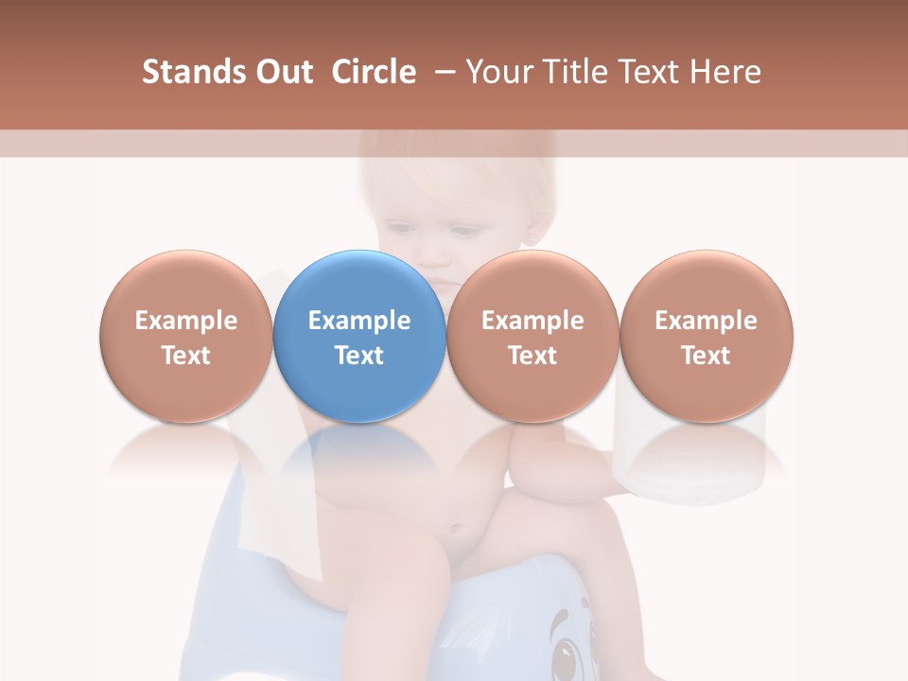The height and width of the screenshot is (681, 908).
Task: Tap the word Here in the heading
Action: (x=725, y=72)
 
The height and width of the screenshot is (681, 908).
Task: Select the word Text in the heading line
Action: (x=654, y=72)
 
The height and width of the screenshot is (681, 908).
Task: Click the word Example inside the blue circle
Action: (x=359, y=321)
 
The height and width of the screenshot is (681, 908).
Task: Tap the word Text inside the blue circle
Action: (x=359, y=356)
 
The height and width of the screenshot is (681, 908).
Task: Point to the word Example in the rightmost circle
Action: (x=707, y=321)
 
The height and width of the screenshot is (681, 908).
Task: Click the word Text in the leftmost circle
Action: (x=185, y=356)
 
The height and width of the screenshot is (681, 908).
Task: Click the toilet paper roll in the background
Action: (x=691, y=454)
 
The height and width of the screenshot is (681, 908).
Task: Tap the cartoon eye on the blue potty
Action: (x=567, y=653)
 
